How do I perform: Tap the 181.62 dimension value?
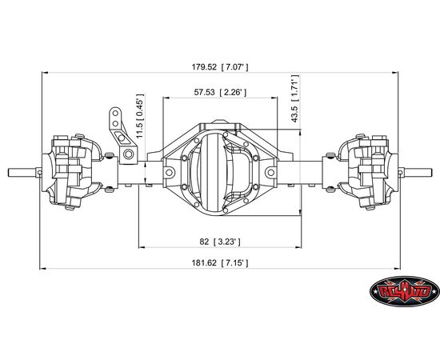click(204, 263)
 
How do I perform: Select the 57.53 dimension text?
click(204, 92)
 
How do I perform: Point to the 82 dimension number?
click(204, 242)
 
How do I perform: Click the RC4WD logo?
click(404, 291)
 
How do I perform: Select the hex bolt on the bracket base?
click(128, 154)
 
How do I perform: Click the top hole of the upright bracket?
click(115, 113)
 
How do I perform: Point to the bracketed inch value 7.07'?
click(234, 67)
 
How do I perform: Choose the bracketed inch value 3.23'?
click(226, 242)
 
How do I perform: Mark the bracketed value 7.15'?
click(234, 263)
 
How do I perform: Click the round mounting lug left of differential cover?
click(169, 172)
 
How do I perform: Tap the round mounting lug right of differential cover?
click(270, 172)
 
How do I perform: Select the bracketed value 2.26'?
click(233, 92)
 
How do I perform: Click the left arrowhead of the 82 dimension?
click(142, 247)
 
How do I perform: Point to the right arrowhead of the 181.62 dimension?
click(397, 269)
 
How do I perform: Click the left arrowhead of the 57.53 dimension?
click(166, 98)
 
